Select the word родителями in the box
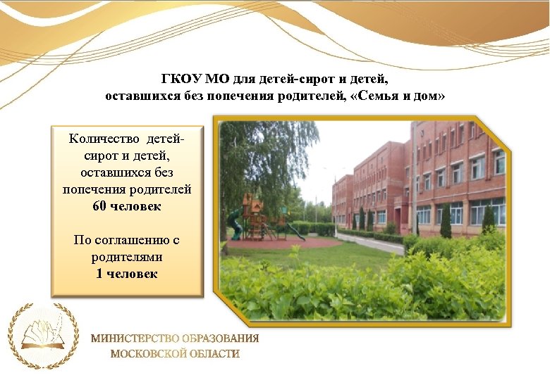click(127, 257)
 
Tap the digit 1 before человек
click(99, 274)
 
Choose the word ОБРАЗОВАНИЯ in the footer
click(219, 338)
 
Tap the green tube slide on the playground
click(234, 224)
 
